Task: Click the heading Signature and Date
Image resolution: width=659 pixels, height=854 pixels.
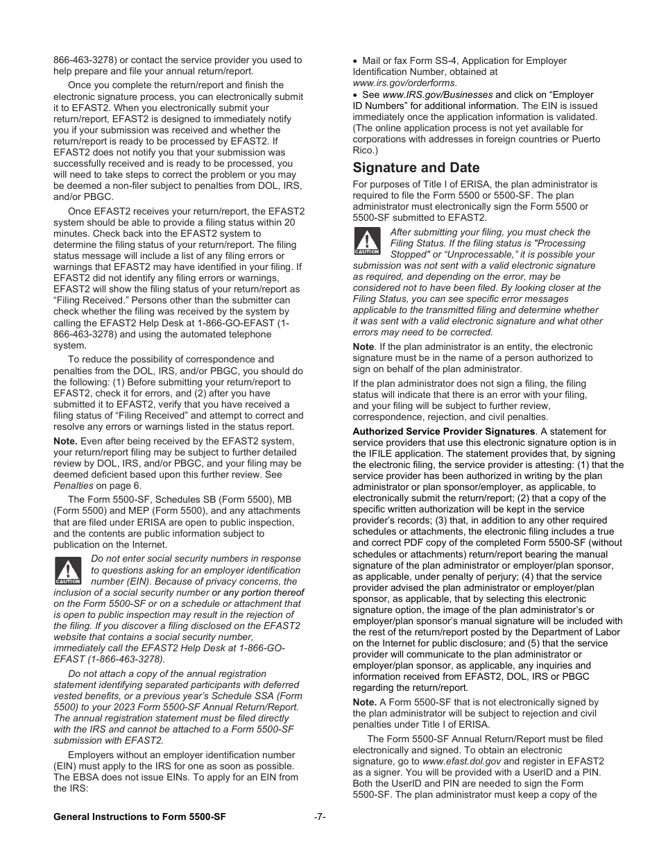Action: [x=416, y=168]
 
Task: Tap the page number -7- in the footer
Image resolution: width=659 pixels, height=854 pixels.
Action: [x=320, y=817]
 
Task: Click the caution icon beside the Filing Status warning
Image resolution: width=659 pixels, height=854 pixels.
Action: [x=367, y=242]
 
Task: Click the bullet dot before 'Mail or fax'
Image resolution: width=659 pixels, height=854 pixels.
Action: [x=355, y=61]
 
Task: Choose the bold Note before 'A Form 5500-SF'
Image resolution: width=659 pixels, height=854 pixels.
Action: [x=364, y=702]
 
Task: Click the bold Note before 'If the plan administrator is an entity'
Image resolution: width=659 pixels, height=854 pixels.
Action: [x=363, y=346]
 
